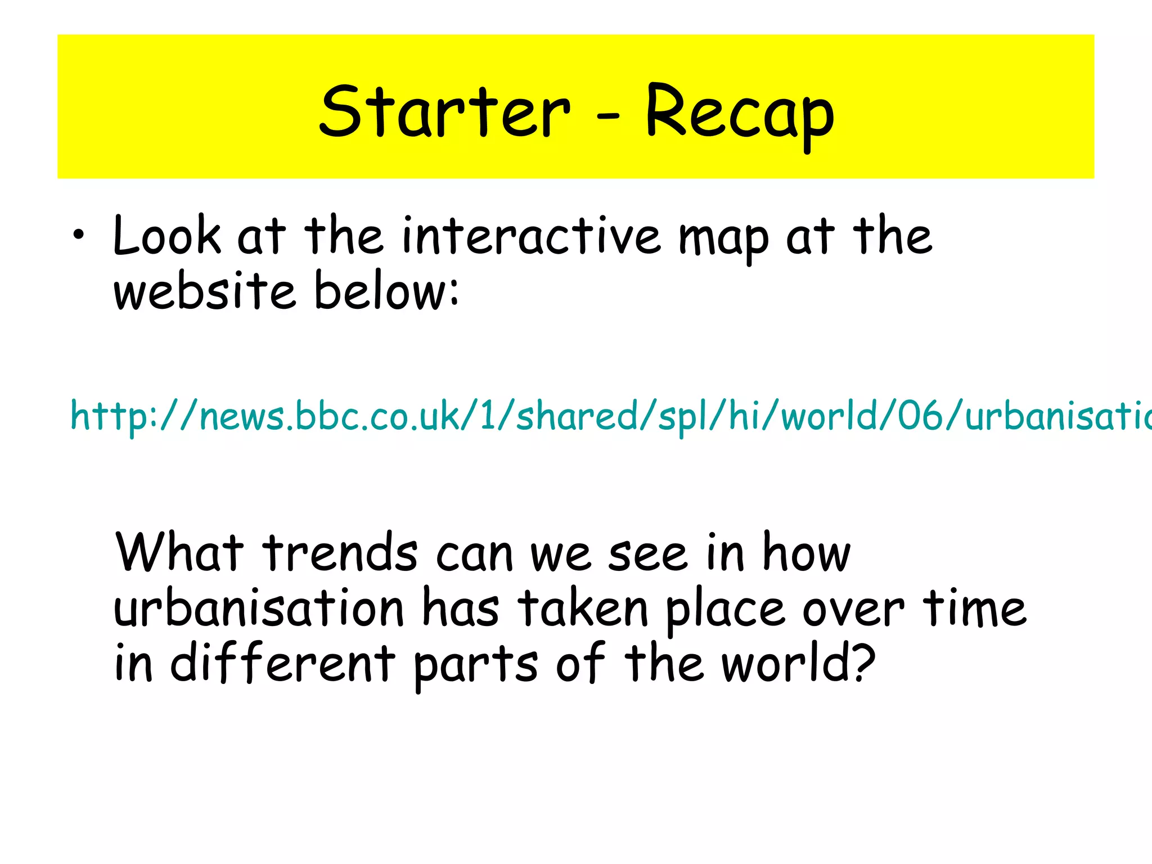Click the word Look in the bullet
(167, 236)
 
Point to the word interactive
(531, 236)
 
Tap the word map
(723, 240)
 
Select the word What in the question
(179, 552)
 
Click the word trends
(341, 552)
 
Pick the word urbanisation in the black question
(259, 609)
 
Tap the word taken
(583, 609)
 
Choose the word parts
(476, 666)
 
